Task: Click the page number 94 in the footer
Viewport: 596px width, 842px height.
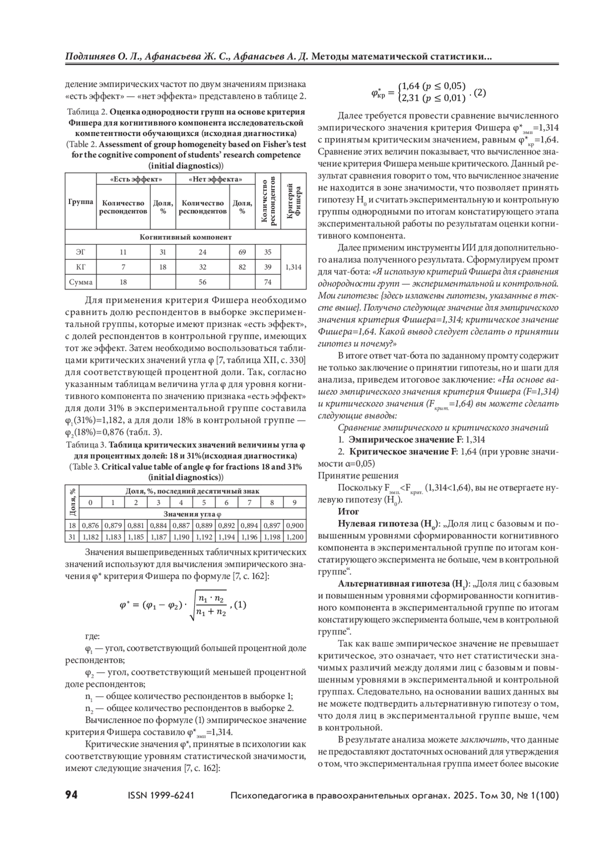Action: pyautogui.click(x=72, y=795)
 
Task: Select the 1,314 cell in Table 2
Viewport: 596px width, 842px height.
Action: pyautogui.click(x=293, y=267)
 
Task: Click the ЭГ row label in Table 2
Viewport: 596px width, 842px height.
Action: pyautogui.click(x=80, y=252)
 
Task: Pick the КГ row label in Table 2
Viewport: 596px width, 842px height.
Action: pyautogui.click(x=80, y=267)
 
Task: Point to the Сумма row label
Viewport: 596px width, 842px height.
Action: pyautogui.click(x=80, y=282)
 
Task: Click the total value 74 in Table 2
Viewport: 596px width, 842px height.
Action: pyautogui.click(x=268, y=282)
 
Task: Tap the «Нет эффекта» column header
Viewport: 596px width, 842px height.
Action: pyautogui.click(x=216, y=179)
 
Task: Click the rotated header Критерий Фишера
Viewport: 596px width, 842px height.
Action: pyautogui.click(x=293, y=200)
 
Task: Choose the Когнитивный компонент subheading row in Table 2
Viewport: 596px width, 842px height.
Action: pyautogui.click(x=186, y=237)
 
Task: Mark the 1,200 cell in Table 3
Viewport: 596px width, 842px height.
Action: pyautogui.click(x=295, y=537)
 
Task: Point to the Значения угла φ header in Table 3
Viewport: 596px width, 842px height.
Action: pyautogui.click(x=193, y=514)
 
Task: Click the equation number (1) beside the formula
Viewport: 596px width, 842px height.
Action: pyautogui.click(x=239, y=605)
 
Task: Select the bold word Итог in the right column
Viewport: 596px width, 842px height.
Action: pyautogui.click(x=348, y=512)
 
